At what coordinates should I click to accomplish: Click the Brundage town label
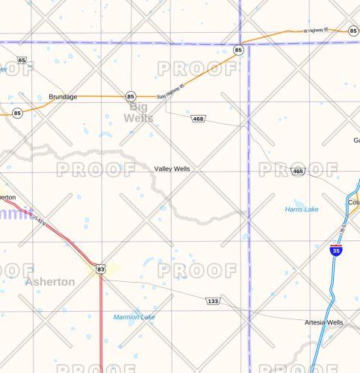pos(63,97)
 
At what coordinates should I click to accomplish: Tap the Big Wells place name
pos(138,113)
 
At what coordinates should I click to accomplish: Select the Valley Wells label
pos(172,169)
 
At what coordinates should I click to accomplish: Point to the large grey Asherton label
pos(50,282)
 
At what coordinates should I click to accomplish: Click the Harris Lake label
pos(302,210)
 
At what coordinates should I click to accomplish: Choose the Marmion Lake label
pos(134,317)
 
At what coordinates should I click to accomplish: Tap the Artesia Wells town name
pos(324,322)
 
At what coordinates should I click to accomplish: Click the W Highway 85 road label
pos(319,31)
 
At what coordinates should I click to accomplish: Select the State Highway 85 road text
pos(170,92)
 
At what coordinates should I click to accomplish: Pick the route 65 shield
pos(22,60)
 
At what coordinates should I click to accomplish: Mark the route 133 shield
pos(213,301)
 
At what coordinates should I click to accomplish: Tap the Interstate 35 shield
pos(336,251)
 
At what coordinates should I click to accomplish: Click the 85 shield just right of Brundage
pos(131,96)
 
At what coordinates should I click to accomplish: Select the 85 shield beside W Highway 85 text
pos(353,31)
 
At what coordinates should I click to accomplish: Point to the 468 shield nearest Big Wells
pos(198,119)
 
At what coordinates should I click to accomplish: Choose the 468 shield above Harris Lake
pos(298,172)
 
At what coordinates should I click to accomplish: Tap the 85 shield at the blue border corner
pos(238,50)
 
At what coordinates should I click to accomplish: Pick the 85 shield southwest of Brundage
pos(17,113)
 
